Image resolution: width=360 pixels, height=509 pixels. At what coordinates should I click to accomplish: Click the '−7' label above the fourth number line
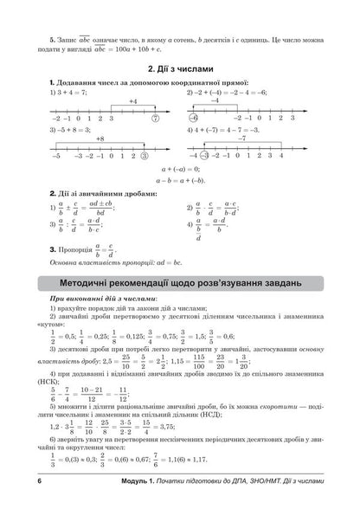tap(281, 139)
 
